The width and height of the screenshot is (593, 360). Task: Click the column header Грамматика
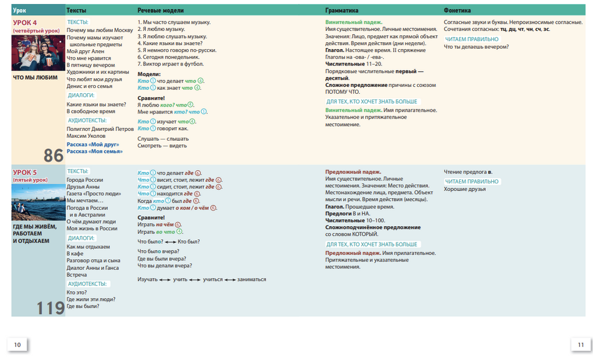point(342,10)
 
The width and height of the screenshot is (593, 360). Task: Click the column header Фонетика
point(457,10)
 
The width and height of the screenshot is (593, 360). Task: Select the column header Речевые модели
point(160,10)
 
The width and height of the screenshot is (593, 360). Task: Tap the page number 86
point(53,155)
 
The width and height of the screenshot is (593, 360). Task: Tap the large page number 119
point(50,308)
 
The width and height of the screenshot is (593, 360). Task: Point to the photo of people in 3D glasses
point(36,53)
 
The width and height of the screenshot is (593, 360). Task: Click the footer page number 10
point(17,345)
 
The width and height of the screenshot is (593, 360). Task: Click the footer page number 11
point(580,345)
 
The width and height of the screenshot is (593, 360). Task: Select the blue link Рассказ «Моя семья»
point(94,151)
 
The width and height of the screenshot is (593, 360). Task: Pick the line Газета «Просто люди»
point(94,194)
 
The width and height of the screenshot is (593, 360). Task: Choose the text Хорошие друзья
point(464,189)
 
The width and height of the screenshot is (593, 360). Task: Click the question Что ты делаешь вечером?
point(476,47)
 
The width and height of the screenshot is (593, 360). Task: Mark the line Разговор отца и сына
point(93,260)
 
